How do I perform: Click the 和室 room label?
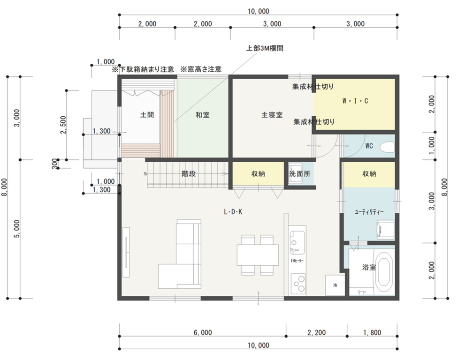click(202, 115)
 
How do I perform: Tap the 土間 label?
click(147, 115)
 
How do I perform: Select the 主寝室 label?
click(272, 115)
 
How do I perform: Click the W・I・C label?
click(355, 101)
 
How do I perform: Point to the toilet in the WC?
click(387, 147)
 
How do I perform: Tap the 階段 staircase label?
click(189, 174)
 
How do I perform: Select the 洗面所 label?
click(300, 174)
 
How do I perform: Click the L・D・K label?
click(233, 212)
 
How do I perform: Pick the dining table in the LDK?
click(258, 255)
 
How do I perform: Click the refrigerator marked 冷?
click(335, 285)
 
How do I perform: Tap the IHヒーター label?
click(297, 261)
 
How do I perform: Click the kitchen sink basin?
click(298, 240)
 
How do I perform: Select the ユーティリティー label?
click(369, 212)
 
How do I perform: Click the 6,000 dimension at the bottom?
click(203, 332)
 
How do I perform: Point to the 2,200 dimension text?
click(317, 332)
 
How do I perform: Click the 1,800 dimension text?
click(372, 332)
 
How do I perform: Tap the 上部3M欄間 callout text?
click(265, 48)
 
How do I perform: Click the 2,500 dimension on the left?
click(63, 125)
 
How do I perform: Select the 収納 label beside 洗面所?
click(258, 174)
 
